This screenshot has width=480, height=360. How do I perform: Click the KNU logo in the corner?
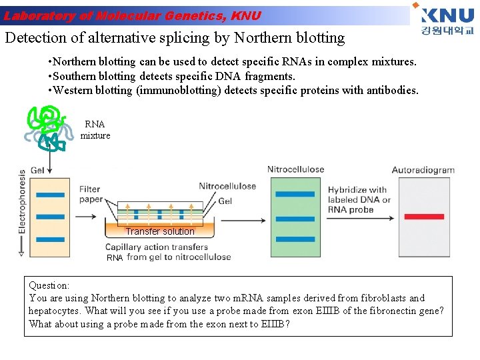coord(446,20)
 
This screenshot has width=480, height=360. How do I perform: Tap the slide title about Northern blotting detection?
coord(175,37)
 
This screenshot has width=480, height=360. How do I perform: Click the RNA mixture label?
coord(95,130)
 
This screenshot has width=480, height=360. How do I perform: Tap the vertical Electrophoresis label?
coord(23,210)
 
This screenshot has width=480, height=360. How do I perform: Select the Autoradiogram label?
coord(423,170)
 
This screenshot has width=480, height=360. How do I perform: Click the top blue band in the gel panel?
coord(50,195)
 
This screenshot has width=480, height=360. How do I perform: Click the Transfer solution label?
coord(160,232)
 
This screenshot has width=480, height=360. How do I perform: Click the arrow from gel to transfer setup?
coord(85,216)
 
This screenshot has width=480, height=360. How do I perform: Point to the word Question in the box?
coord(49,285)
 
